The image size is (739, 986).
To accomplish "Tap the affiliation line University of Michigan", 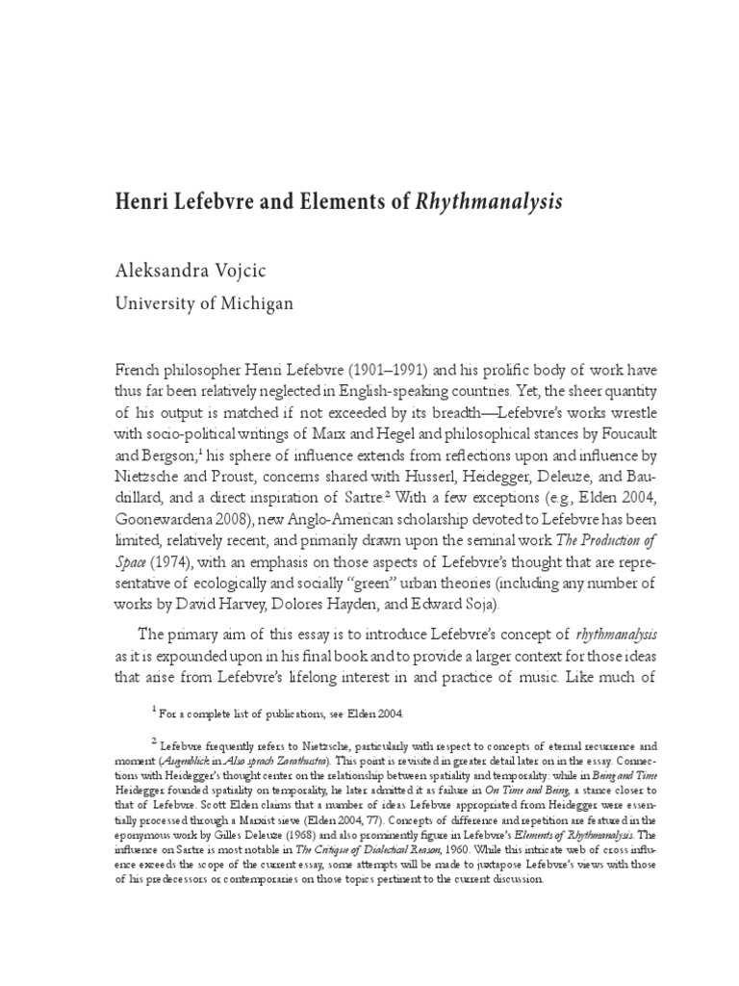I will [204, 304].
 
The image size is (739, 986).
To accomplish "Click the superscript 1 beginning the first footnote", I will [154, 710].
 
